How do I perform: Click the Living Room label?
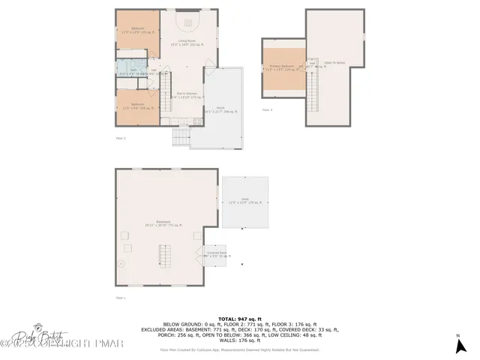pos(187,43)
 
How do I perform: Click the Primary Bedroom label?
pos(283,68)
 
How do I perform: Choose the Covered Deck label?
pos(216,255)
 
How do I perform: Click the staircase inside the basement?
pos(165,256)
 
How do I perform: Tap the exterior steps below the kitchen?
pos(181,138)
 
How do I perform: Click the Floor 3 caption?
pos(267,110)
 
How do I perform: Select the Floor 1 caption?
pos(120,298)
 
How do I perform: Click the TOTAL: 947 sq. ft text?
pos(239,319)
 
